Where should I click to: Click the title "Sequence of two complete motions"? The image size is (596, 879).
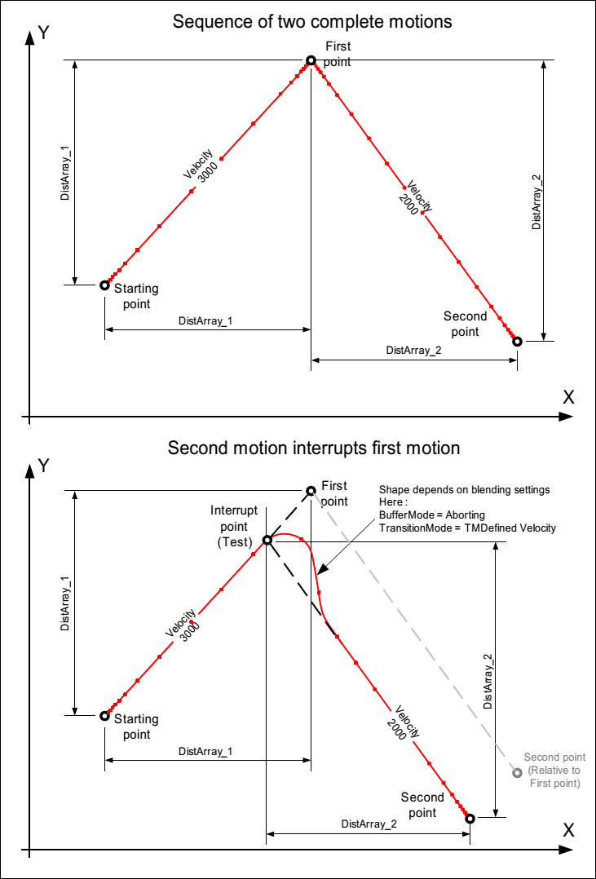312,22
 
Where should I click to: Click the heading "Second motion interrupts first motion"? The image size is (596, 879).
314,448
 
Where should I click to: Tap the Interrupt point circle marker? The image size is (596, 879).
267,540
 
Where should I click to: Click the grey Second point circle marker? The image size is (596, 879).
516,773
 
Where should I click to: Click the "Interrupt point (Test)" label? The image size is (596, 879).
234,518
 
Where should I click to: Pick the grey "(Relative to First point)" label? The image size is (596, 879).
554,777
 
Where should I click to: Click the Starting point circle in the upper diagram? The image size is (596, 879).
104,285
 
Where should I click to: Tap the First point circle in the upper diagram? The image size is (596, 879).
310,60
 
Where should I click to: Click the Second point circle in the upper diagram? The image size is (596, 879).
516,341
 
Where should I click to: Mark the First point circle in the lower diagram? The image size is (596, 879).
311,491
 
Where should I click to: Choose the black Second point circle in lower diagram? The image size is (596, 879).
470,818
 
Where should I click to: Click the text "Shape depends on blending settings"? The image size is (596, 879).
464,489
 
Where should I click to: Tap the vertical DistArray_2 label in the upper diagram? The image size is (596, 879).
536,202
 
